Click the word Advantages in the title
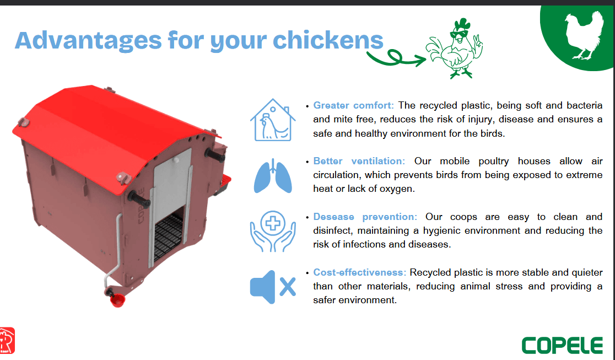click(x=88, y=41)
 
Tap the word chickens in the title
click(x=328, y=40)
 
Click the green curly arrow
click(x=396, y=58)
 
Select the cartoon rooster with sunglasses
click(x=455, y=49)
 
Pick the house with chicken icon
click(x=273, y=120)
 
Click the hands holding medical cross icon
click(x=273, y=231)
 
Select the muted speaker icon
click(x=273, y=287)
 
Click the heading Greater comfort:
click(x=353, y=106)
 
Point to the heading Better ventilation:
click(x=359, y=162)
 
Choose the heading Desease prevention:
click(x=365, y=217)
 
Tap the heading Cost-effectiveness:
click(x=360, y=272)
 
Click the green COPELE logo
click(x=562, y=346)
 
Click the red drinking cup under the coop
click(x=117, y=300)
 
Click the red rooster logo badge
click(x=7, y=341)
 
